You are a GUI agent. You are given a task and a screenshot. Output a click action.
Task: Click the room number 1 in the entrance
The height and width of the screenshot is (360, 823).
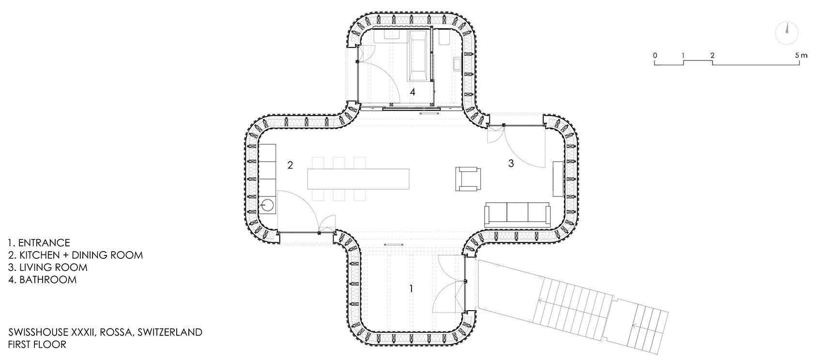click(x=411, y=288)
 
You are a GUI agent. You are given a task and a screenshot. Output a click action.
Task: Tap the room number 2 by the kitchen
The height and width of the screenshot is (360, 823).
click(x=290, y=165)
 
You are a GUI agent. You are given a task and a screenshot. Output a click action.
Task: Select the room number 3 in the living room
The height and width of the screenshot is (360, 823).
click(x=511, y=164)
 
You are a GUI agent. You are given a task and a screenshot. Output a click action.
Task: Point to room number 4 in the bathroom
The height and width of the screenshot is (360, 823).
click(x=412, y=92)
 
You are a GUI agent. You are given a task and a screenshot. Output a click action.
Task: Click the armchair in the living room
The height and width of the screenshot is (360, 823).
click(x=468, y=179)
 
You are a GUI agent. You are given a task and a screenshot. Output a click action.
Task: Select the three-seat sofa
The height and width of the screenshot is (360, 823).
click(x=518, y=215)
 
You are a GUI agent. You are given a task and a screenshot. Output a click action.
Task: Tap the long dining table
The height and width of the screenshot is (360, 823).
click(x=358, y=179)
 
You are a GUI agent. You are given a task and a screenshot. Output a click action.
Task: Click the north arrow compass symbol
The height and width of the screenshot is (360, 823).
click(x=787, y=33)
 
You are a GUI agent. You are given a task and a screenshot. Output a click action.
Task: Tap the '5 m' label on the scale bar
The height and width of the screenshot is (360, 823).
click(x=801, y=56)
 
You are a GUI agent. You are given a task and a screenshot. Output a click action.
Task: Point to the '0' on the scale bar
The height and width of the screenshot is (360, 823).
click(x=655, y=56)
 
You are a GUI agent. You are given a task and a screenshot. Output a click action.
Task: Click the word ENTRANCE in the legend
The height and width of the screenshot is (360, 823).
click(x=44, y=243)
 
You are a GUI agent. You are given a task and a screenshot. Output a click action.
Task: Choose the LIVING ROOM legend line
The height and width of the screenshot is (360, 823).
click(x=48, y=267)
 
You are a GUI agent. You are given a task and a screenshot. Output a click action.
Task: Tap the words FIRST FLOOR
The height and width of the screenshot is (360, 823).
click(x=37, y=345)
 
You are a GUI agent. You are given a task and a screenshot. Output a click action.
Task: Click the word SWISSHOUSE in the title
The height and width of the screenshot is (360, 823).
click(x=38, y=332)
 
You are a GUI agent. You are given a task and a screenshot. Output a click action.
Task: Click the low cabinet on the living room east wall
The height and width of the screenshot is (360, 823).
click(x=558, y=179)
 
